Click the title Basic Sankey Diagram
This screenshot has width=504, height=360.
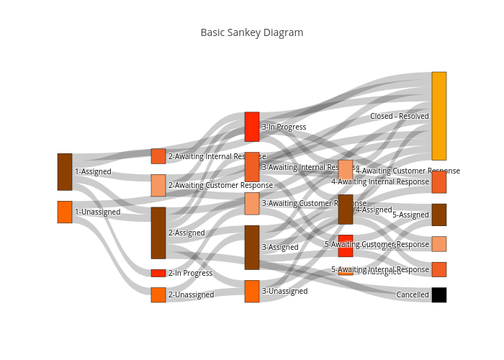click(x=251, y=32)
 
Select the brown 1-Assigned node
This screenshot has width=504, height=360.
click(x=65, y=171)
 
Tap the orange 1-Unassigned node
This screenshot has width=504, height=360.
click(x=65, y=212)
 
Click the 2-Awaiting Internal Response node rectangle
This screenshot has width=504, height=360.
click(x=158, y=156)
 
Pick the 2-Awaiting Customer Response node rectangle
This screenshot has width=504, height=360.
click(x=158, y=185)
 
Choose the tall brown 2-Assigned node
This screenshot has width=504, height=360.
click(x=158, y=233)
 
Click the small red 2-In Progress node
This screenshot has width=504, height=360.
click(x=158, y=273)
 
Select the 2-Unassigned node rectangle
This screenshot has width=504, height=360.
click(x=158, y=294)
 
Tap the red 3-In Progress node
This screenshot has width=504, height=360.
click(x=252, y=127)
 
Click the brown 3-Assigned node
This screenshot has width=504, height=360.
click(x=252, y=247)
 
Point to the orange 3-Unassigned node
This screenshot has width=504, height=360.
click(x=252, y=291)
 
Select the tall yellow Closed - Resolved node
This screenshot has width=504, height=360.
click(x=438, y=116)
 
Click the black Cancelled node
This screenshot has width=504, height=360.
click(x=438, y=294)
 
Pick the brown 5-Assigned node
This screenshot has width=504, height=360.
click(x=438, y=215)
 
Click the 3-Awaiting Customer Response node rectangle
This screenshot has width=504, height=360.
click(x=252, y=203)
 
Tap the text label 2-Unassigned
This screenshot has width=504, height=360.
click(x=191, y=294)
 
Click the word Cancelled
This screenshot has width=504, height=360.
click(x=413, y=294)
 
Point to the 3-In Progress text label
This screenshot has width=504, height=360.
click(x=284, y=127)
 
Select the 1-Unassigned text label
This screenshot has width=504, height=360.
click(x=98, y=212)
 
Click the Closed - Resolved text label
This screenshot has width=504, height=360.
click(x=400, y=116)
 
